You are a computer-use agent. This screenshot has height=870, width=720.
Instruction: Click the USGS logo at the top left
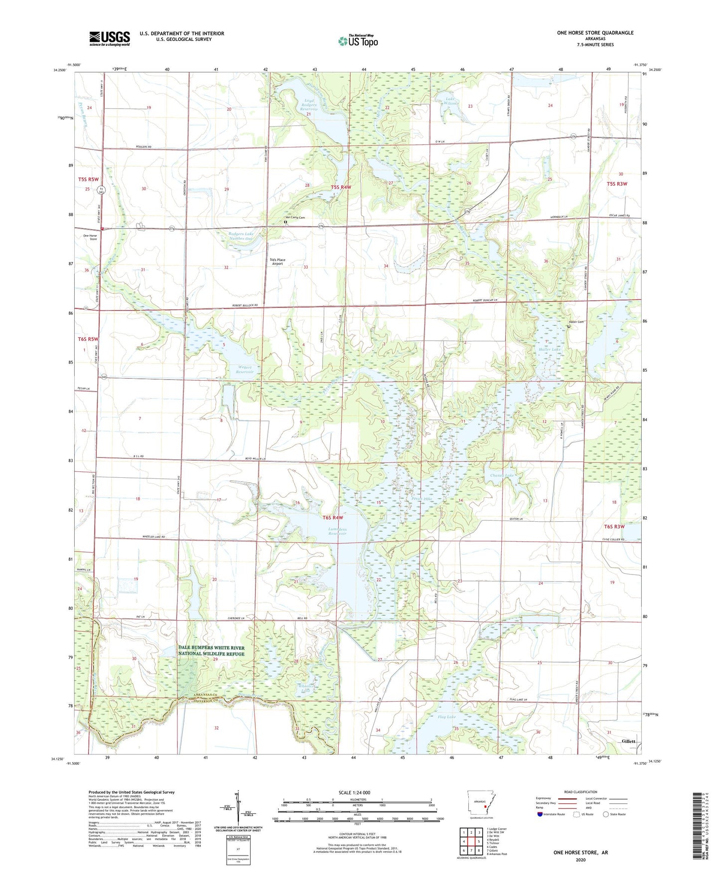point(109,38)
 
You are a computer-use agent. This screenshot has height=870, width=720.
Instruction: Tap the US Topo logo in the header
point(357,41)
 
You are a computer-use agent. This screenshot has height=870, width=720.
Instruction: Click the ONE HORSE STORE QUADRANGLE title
point(595,33)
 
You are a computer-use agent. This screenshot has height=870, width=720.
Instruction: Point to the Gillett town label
point(628,741)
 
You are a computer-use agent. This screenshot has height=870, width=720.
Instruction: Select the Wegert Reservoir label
point(245,370)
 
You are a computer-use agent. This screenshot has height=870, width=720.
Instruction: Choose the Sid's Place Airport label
point(277,262)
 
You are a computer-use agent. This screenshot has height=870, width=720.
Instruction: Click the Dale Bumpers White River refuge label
point(211,650)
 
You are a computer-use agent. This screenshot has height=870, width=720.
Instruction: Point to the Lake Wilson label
point(450,101)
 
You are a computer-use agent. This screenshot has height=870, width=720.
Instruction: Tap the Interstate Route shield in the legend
point(540,814)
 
